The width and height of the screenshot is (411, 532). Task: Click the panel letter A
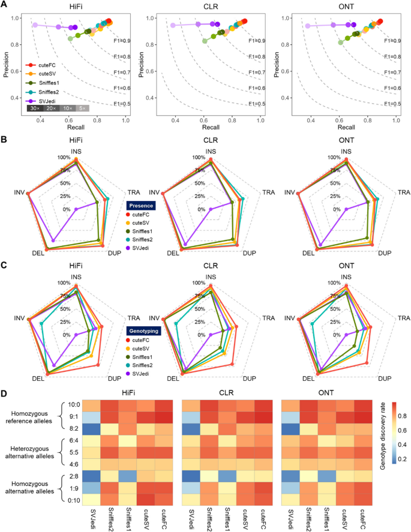click(x=5, y=5)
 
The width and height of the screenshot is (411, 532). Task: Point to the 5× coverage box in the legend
click(x=83, y=109)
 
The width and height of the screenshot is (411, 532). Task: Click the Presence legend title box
click(x=140, y=205)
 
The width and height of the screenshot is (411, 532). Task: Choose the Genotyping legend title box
click(x=143, y=330)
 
